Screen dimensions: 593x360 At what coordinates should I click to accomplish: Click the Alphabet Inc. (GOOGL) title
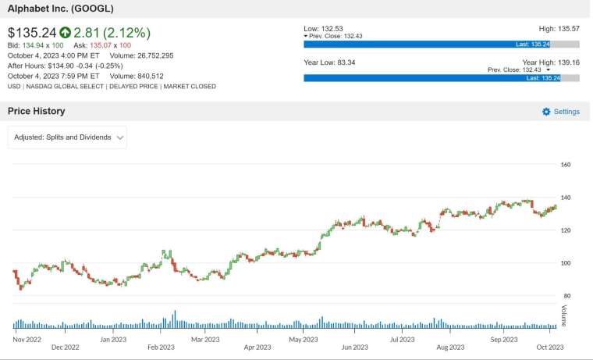pos(61,9)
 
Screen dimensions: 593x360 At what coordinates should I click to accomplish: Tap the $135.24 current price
pos(32,33)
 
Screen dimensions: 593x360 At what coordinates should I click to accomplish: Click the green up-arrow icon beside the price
pos(65,33)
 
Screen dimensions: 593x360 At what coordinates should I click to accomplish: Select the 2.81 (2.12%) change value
pos(112,33)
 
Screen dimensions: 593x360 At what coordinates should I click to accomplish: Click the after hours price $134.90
pos(61,66)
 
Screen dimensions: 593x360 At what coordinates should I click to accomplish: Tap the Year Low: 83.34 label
pos(329,62)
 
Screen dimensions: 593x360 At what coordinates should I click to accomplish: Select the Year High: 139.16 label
pos(551,62)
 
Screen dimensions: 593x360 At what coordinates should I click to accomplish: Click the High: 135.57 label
pos(559,29)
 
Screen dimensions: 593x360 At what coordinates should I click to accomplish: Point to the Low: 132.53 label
pos(323,29)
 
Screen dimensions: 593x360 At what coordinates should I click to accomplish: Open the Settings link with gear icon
pos(561,112)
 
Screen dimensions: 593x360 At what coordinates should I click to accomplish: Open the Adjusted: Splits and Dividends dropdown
pos(67,137)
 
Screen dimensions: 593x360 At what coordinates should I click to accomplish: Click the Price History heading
pos(37,111)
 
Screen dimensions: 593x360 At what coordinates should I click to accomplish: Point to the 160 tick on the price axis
pos(566,165)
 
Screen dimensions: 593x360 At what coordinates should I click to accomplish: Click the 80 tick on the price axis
pos(566,296)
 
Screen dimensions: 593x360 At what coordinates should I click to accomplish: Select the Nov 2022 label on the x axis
pos(27,340)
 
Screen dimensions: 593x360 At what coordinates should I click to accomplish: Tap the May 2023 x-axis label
pos(304,340)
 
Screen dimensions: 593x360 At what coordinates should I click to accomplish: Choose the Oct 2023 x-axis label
pos(550,348)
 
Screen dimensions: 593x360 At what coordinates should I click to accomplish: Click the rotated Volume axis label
pos(564,315)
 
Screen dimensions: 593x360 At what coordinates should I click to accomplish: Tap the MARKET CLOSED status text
pos(190,87)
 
